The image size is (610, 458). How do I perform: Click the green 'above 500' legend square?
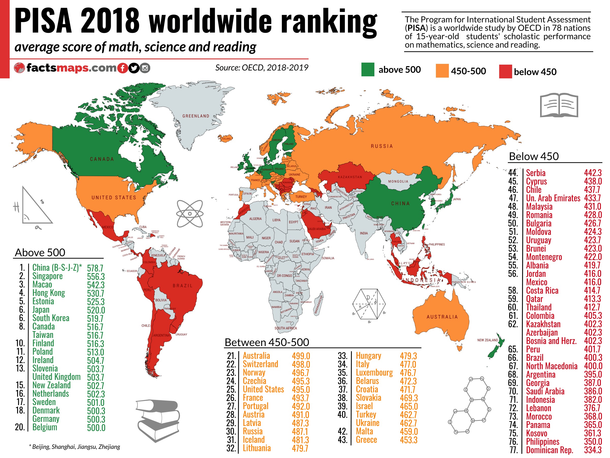(x=368, y=69)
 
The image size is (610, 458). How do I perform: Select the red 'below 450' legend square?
(x=505, y=71)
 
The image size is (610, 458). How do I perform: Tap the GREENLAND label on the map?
(x=195, y=116)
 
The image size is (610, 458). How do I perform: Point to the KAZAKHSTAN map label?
(x=350, y=177)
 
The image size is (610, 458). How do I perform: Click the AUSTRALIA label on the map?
(x=442, y=317)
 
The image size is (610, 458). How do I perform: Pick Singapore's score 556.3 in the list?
(x=96, y=276)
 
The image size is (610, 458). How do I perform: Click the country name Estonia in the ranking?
(x=43, y=301)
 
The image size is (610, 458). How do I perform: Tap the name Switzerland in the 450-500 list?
(x=260, y=364)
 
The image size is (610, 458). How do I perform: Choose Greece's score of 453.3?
(x=408, y=440)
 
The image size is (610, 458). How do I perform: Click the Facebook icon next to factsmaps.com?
(x=122, y=68)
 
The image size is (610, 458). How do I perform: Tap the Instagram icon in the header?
(x=145, y=68)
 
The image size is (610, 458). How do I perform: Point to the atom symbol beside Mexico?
(x=190, y=214)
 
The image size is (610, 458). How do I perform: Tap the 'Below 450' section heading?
(x=533, y=156)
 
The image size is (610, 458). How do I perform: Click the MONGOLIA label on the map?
(x=398, y=181)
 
